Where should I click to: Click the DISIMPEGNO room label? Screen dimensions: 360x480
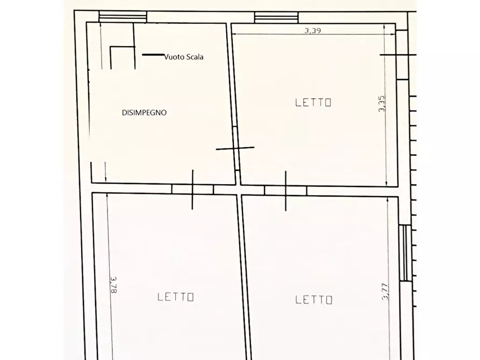(x=144, y=113)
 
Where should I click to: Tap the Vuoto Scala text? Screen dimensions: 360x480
(x=184, y=56)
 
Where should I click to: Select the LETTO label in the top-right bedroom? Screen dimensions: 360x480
(x=313, y=102)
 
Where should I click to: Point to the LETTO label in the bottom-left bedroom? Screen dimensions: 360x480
(x=176, y=297)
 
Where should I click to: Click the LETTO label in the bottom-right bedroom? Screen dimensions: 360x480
(x=314, y=300)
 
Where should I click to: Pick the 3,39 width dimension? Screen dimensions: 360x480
(x=312, y=31)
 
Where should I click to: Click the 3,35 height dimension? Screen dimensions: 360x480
(x=382, y=103)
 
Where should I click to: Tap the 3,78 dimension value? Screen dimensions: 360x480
(x=113, y=285)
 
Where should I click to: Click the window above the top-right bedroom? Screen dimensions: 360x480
(x=276, y=18)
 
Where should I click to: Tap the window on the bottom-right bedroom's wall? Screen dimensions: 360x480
(x=406, y=253)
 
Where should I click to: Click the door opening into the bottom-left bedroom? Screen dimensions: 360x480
(x=192, y=189)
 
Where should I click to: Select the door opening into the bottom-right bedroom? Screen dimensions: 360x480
(x=285, y=190)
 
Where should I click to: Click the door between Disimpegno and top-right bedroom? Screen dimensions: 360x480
(x=235, y=147)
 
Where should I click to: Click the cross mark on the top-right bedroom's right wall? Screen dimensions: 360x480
(x=397, y=55)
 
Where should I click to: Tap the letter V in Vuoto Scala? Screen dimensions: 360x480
(x=166, y=56)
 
